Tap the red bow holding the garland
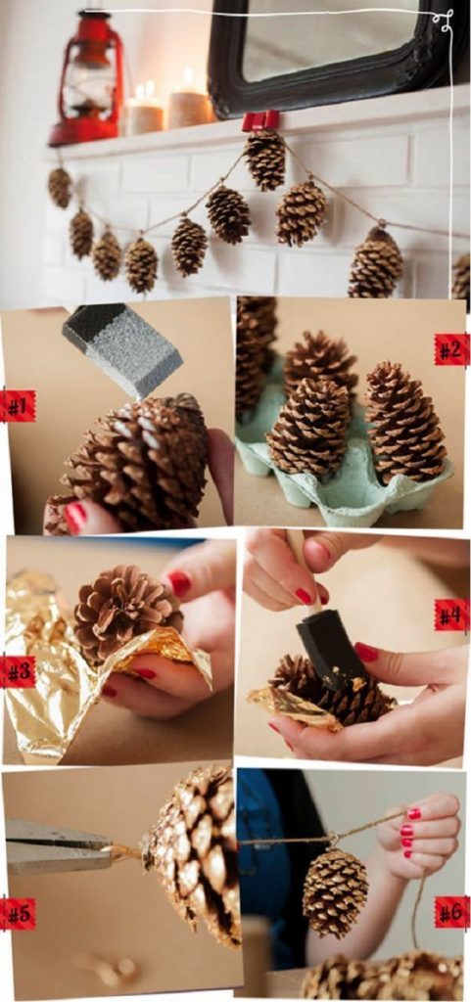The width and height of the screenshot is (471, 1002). [261, 120]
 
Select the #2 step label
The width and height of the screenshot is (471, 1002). [451, 349]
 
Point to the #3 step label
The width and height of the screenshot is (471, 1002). [17, 671]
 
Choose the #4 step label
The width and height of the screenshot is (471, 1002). [451, 615]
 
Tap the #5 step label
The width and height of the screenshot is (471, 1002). [17, 913]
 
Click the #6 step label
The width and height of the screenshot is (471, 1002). [451, 911]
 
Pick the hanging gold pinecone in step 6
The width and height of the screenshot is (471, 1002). [335, 890]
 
